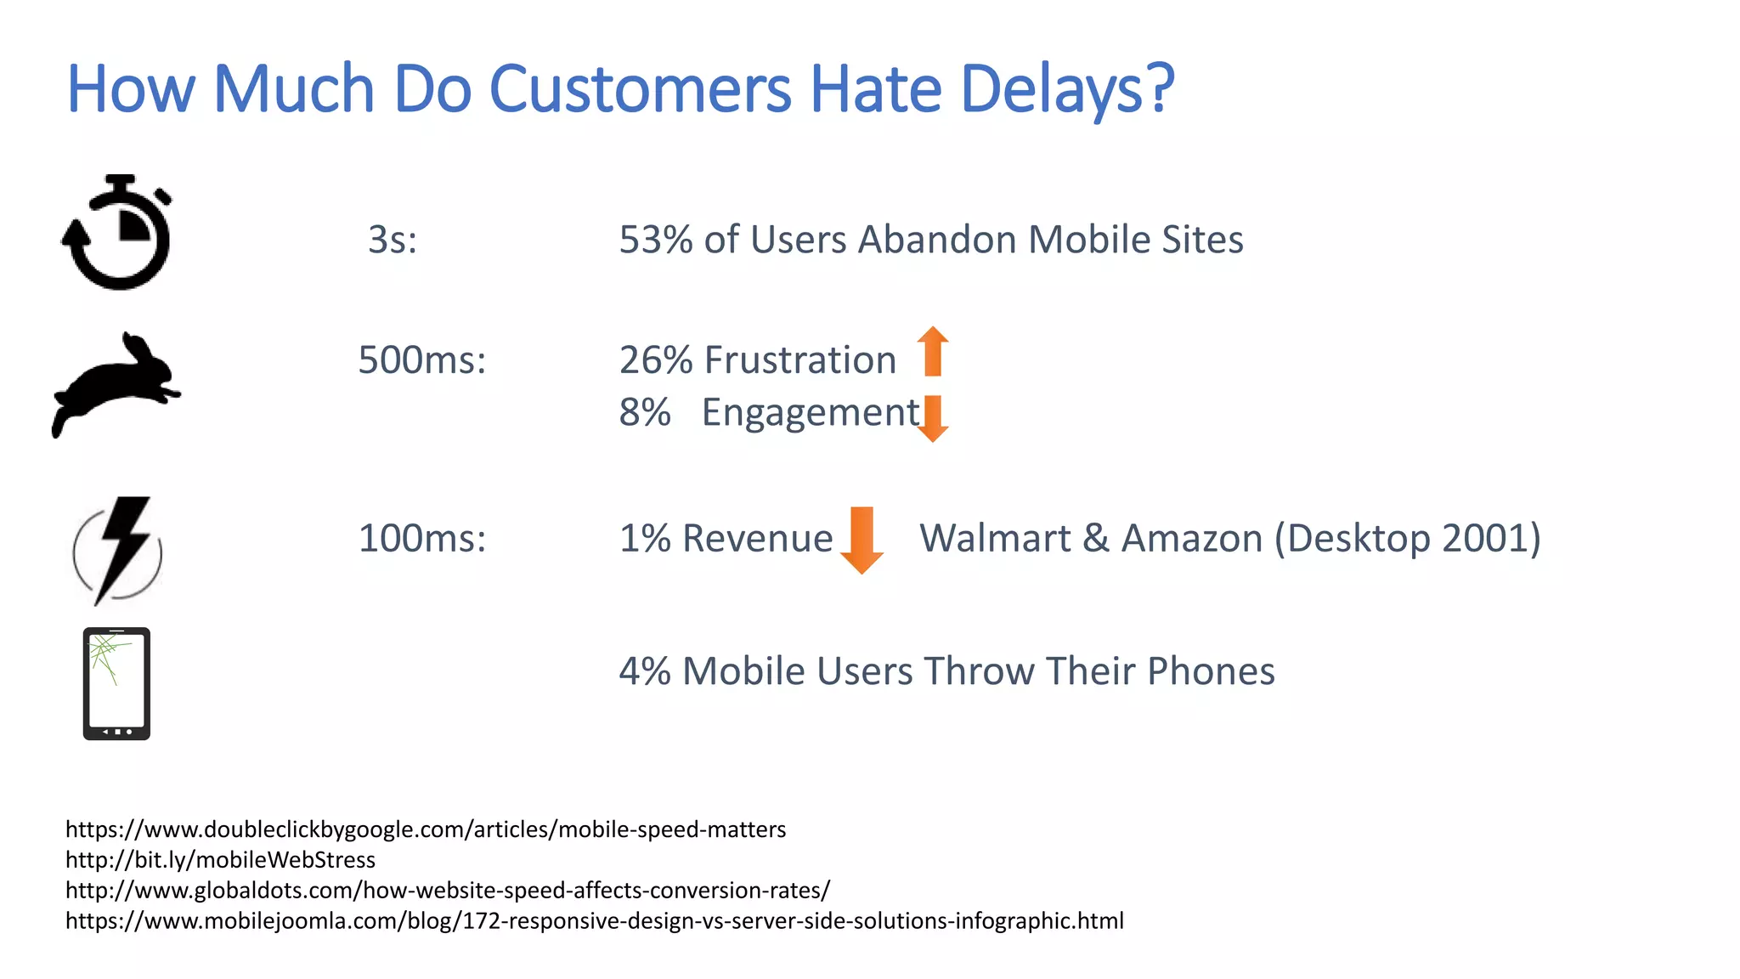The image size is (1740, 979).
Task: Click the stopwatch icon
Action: (x=117, y=233)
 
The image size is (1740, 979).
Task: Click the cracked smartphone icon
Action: (x=116, y=684)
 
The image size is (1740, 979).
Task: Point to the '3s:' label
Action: (x=393, y=240)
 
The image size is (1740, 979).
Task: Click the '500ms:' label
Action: (x=422, y=360)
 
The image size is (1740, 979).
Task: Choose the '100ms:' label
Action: (x=422, y=539)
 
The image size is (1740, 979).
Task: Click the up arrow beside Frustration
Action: (x=933, y=352)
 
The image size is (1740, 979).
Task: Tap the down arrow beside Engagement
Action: (x=933, y=418)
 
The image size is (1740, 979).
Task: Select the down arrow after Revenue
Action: (x=862, y=540)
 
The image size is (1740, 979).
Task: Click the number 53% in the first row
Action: (x=656, y=240)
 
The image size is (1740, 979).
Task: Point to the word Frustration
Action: (x=799, y=360)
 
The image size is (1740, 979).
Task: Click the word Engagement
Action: (x=811, y=414)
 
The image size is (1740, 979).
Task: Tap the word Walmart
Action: (x=995, y=539)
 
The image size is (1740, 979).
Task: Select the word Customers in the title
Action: (x=640, y=89)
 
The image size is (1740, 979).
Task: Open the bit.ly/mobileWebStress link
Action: (x=220, y=860)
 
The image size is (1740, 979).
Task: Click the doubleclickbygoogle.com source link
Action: (x=426, y=829)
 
